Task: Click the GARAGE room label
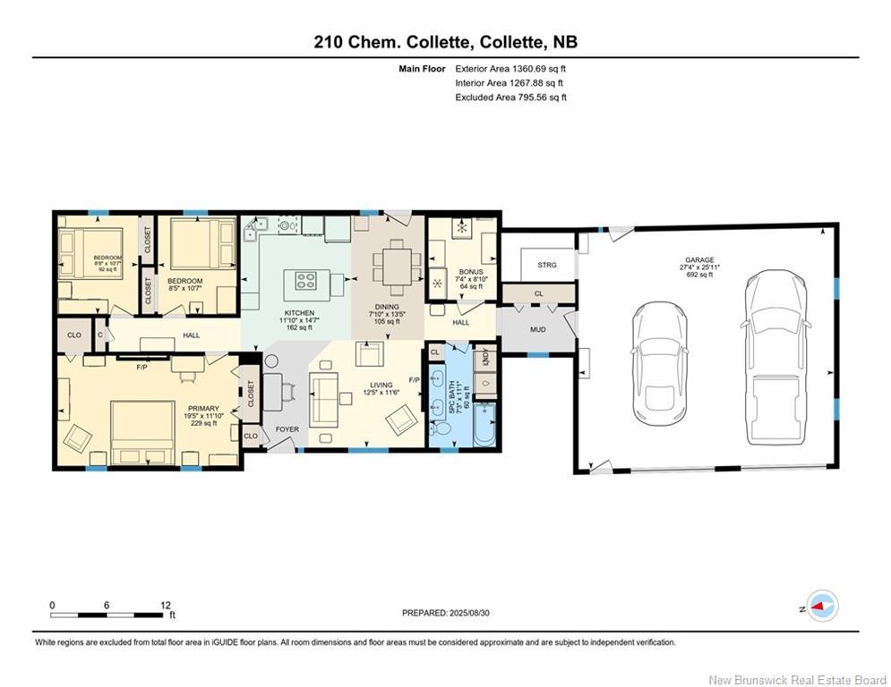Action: (x=699, y=260)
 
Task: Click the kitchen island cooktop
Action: (x=306, y=281)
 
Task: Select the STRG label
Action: (x=546, y=265)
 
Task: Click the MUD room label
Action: (x=537, y=329)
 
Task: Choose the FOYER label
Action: (x=287, y=429)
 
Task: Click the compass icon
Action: (x=821, y=606)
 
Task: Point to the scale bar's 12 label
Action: (x=164, y=605)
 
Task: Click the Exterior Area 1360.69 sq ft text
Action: (x=510, y=68)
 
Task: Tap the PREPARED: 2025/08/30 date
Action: (x=447, y=613)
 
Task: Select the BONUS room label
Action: (x=471, y=272)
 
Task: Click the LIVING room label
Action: (x=381, y=385)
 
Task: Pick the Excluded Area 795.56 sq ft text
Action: (x=510, y=98)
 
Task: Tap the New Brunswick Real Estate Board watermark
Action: (x=797, y=679)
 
